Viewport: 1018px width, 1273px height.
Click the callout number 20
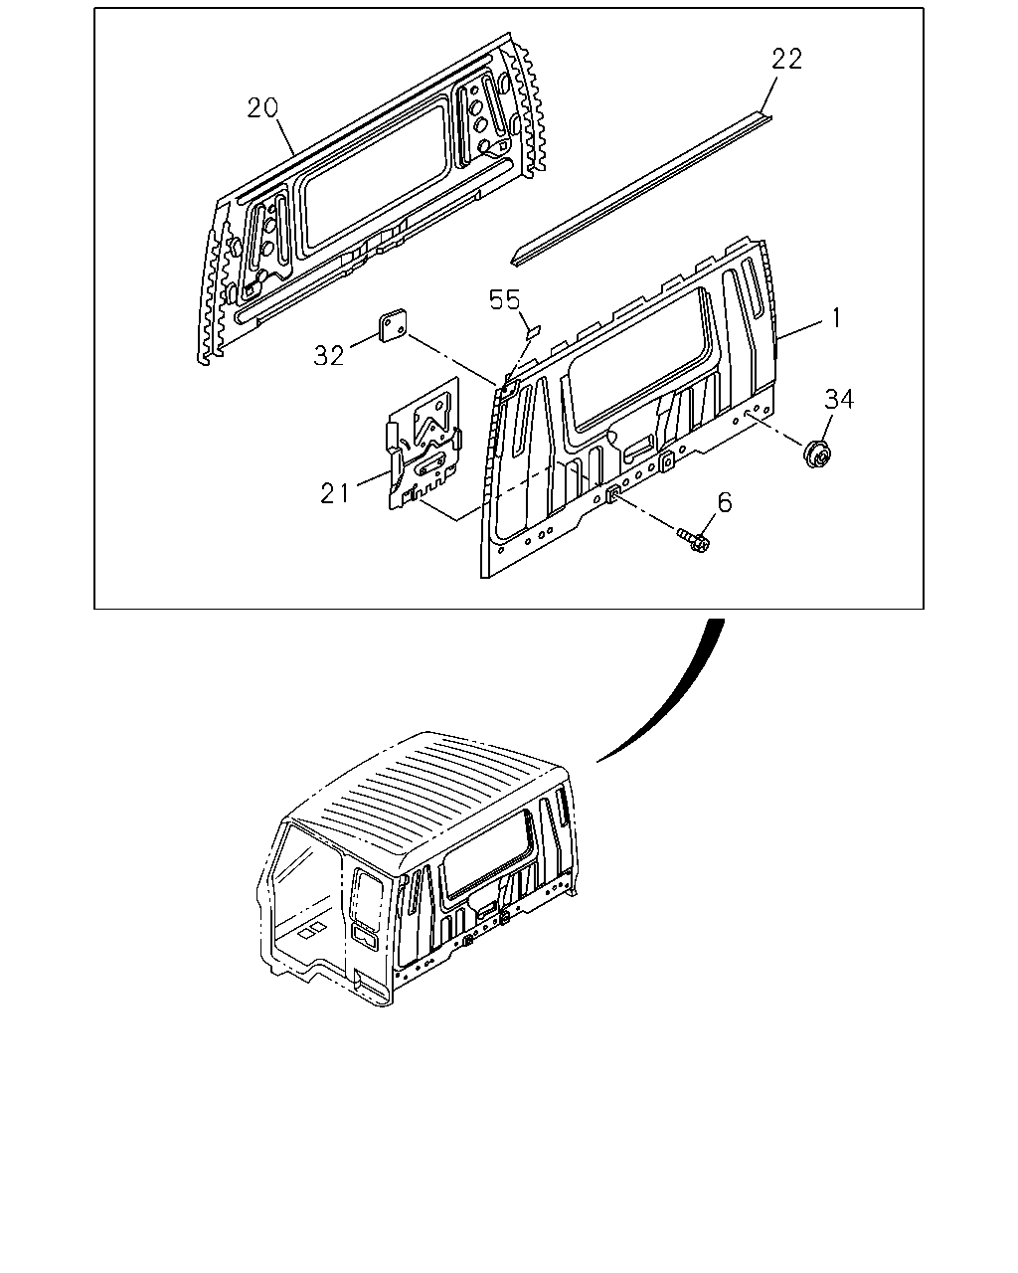(x=262, y=108)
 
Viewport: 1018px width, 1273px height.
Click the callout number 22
(x=786, y=60)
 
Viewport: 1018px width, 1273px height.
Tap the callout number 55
(x=505, y=300)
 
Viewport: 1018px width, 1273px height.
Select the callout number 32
(x=328, y=355)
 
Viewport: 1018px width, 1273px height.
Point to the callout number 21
(x=335, y=492)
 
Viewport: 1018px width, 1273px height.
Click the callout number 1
(x=836, y=319)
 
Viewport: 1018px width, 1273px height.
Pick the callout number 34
(x=839, y=399)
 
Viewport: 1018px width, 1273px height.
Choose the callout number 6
(x=725, y=502)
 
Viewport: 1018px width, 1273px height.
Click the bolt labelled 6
(x=693, y=540)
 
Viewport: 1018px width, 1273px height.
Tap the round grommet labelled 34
(x=817, y=454)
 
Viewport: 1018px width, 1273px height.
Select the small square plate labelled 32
(x=393, y=325)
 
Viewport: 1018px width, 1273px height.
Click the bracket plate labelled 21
(x=424, y=445)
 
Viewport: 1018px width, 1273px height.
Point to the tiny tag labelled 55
(x=533, y=329)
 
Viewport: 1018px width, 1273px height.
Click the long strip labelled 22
(x=642, y=188)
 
